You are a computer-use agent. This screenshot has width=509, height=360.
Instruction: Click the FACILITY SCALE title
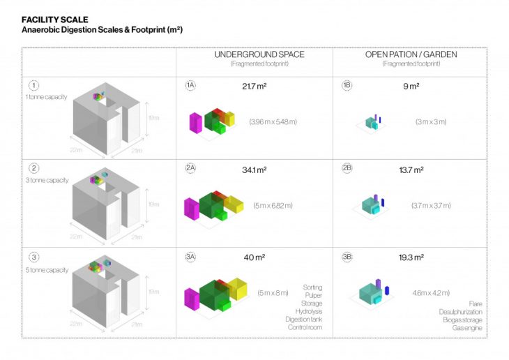tap(55, 19)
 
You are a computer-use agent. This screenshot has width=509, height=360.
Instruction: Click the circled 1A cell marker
tap(190, 85)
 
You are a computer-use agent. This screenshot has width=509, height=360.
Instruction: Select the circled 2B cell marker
tap(347, 170)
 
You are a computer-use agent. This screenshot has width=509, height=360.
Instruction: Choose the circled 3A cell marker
tap(190, 257)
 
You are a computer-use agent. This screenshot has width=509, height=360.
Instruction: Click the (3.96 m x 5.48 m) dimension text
tap(273, 121)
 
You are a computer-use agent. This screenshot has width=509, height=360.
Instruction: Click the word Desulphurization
tap(460, 311)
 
